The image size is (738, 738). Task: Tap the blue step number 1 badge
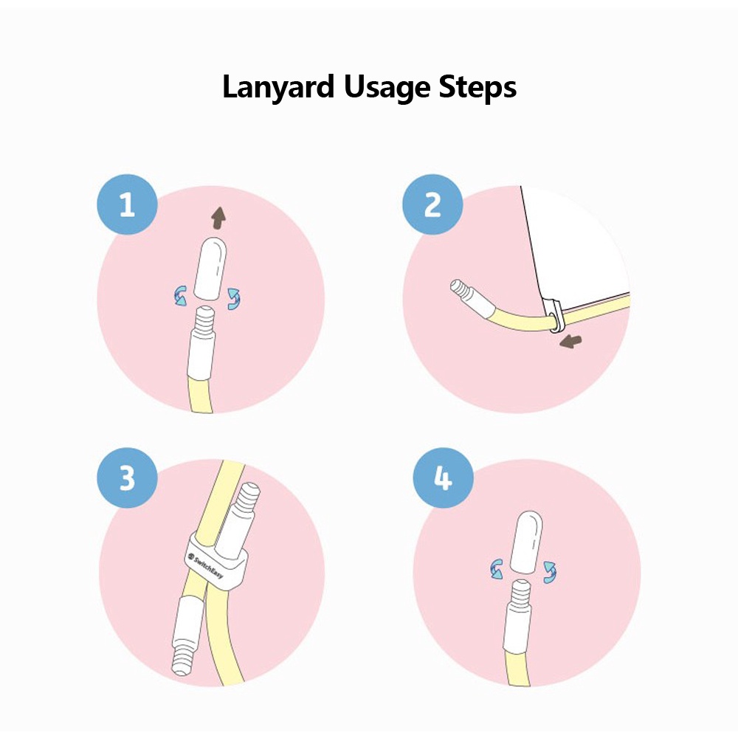click(127, 204)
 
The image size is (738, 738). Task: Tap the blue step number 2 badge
click(432, 204)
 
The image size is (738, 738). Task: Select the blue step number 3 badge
click(127, 478)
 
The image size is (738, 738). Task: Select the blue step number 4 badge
click(442, 478)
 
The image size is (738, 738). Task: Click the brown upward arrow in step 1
click(218, 217)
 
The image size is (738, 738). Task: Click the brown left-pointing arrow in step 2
click(570, 341)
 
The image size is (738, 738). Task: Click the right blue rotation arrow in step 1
click(235, 297)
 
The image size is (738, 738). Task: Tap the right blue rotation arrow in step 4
click(550, 570)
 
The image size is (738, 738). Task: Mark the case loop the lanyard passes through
click(554, 317)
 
